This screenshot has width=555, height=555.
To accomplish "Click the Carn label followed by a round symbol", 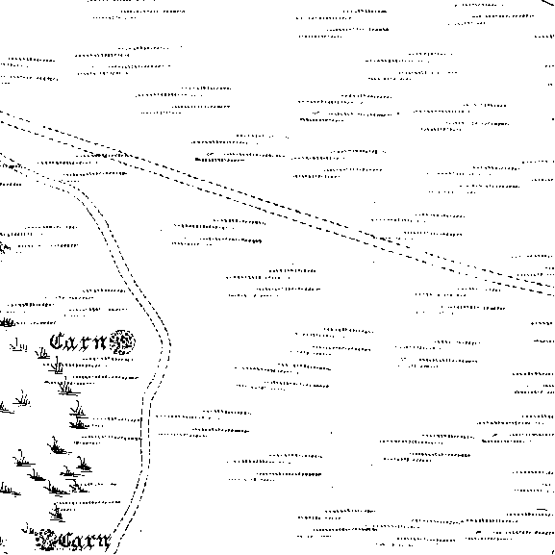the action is [79, 342].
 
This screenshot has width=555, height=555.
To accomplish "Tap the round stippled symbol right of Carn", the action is [122, 342].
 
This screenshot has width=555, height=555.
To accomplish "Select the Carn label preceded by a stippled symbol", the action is [86, 542].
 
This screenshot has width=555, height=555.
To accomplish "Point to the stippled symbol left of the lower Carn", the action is [46, 541].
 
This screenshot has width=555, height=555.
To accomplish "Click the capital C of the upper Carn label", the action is [58, 341].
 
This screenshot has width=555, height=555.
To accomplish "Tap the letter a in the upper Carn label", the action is [72, 343].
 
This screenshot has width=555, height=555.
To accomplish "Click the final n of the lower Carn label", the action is [104, 542].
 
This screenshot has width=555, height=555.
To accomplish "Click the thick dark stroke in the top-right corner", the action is [548, 3].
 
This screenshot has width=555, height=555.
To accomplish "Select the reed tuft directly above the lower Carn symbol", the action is [57, 512].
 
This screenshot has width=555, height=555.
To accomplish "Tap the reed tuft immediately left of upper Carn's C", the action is [42, 353].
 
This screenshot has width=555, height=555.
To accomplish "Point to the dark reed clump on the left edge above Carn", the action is [7, 322].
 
